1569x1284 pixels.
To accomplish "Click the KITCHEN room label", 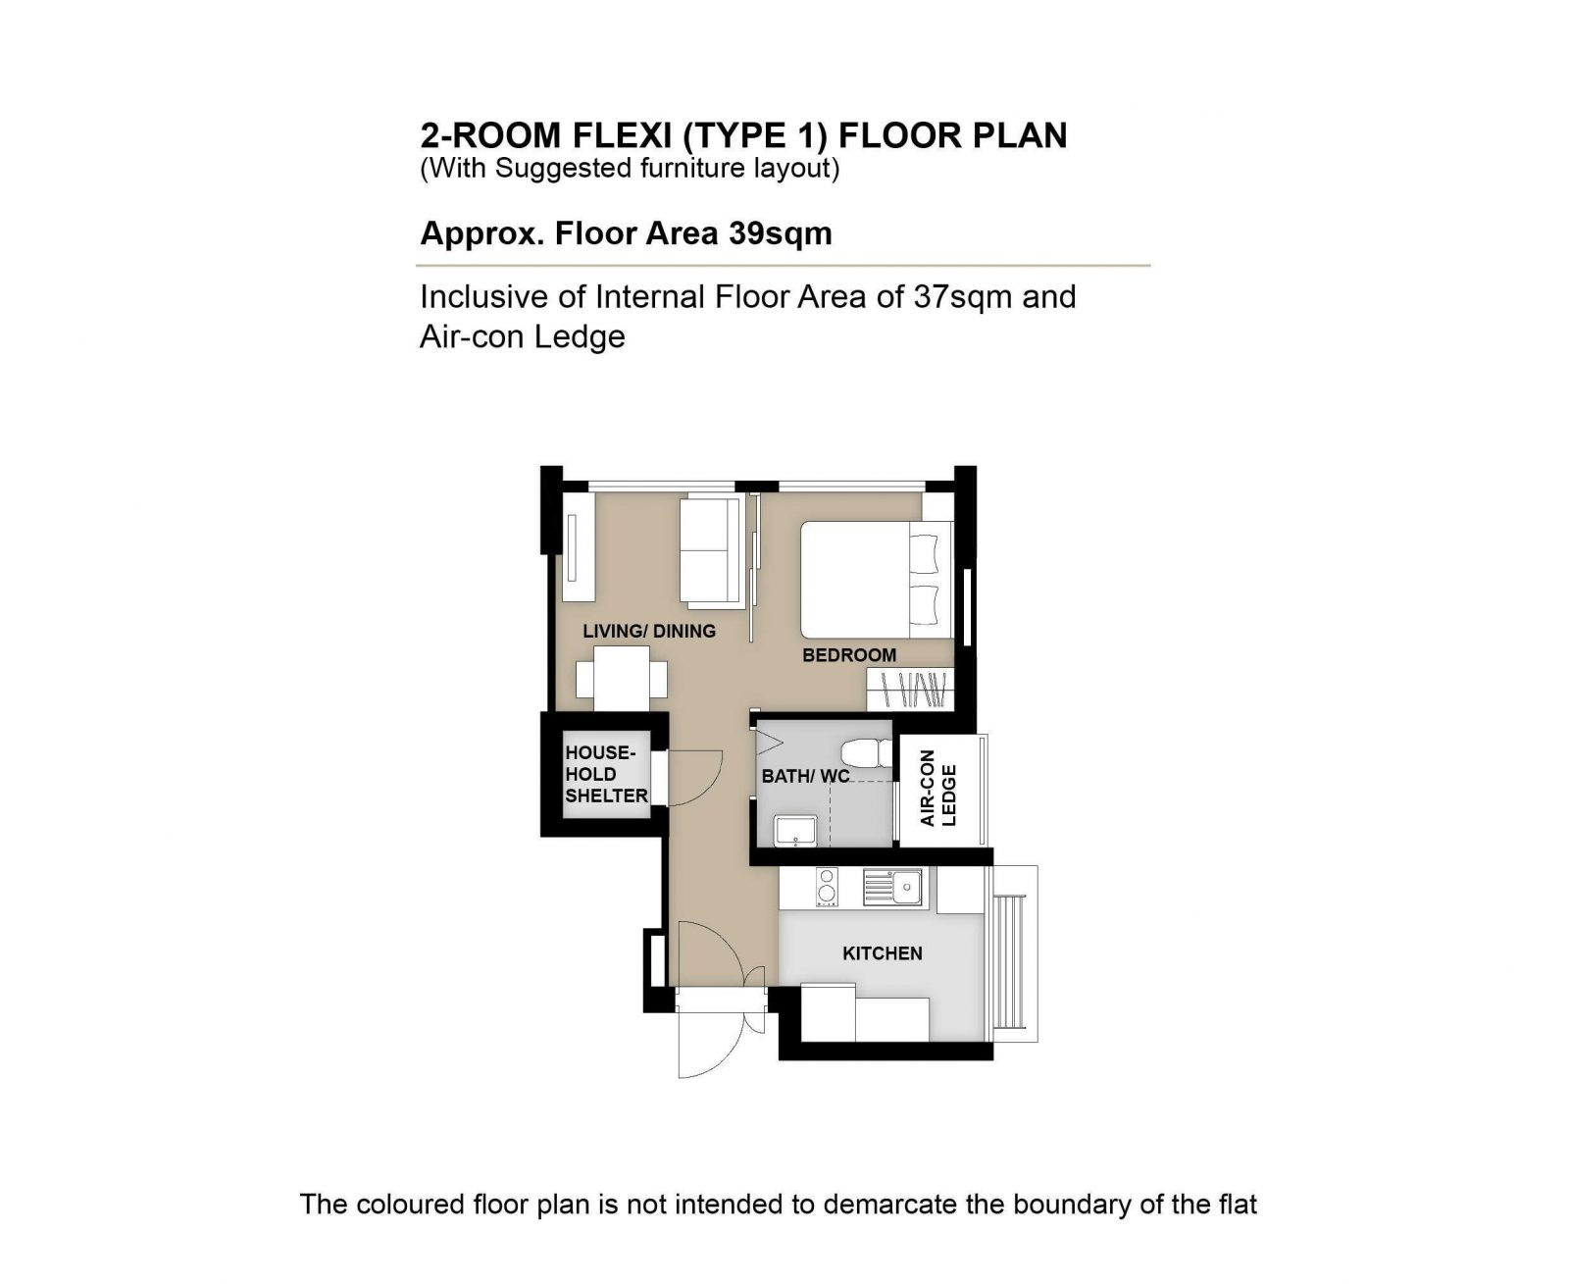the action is (882, 952).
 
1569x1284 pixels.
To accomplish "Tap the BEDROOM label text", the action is (849, 655).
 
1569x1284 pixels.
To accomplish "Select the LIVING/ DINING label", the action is (649, 631).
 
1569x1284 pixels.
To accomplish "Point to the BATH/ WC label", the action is (805, 776).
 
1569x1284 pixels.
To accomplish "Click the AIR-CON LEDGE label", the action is (937, 796).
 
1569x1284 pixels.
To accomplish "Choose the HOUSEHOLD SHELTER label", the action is (606, 774).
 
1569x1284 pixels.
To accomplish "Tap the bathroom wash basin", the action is (795, 831).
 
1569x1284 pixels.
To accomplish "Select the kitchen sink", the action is (892, 887).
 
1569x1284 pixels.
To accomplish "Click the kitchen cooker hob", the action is (827, 887).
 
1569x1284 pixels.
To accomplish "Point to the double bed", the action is (877, 579).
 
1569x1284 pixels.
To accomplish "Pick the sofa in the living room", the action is (711, 551).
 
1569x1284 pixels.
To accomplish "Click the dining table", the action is (621, 678).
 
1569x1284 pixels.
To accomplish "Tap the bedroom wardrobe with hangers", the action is (911, 690).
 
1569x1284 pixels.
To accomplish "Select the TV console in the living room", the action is (578, 548).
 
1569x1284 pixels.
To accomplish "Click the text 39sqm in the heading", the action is (780, 233).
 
